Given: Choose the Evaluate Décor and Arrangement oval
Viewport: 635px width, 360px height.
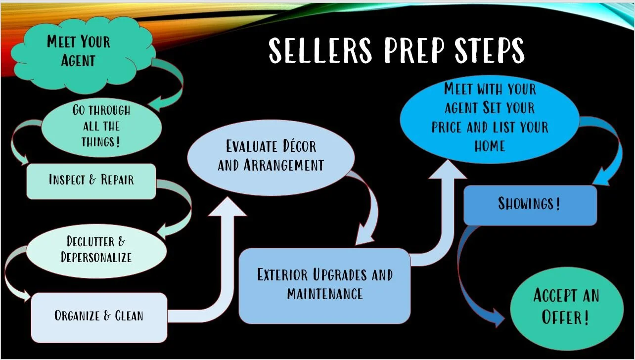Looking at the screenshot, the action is coord(271,155).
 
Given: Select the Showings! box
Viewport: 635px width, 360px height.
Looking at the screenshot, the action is coord(530,204).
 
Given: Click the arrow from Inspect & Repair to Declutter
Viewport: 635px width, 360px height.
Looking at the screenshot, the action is coord(179,208).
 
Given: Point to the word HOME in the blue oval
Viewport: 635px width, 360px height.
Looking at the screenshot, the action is coord(490,146).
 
